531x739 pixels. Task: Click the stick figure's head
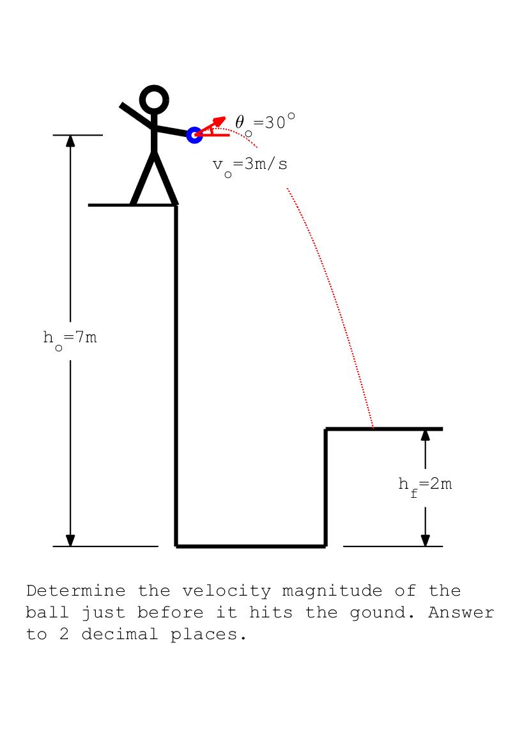[154, 100]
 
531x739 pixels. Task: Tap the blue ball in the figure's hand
[194, 135]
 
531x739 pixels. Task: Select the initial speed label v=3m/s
[250, 165]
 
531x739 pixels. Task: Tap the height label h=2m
[425, 484]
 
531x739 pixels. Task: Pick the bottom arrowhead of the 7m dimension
[70, 541]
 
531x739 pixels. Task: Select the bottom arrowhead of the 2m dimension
[426, 541]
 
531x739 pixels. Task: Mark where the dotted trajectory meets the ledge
[373, 427]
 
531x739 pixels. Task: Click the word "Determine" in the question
[75, 591]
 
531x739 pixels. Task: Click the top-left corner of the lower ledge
[326, 429]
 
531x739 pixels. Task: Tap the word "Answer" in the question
[461, 613]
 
